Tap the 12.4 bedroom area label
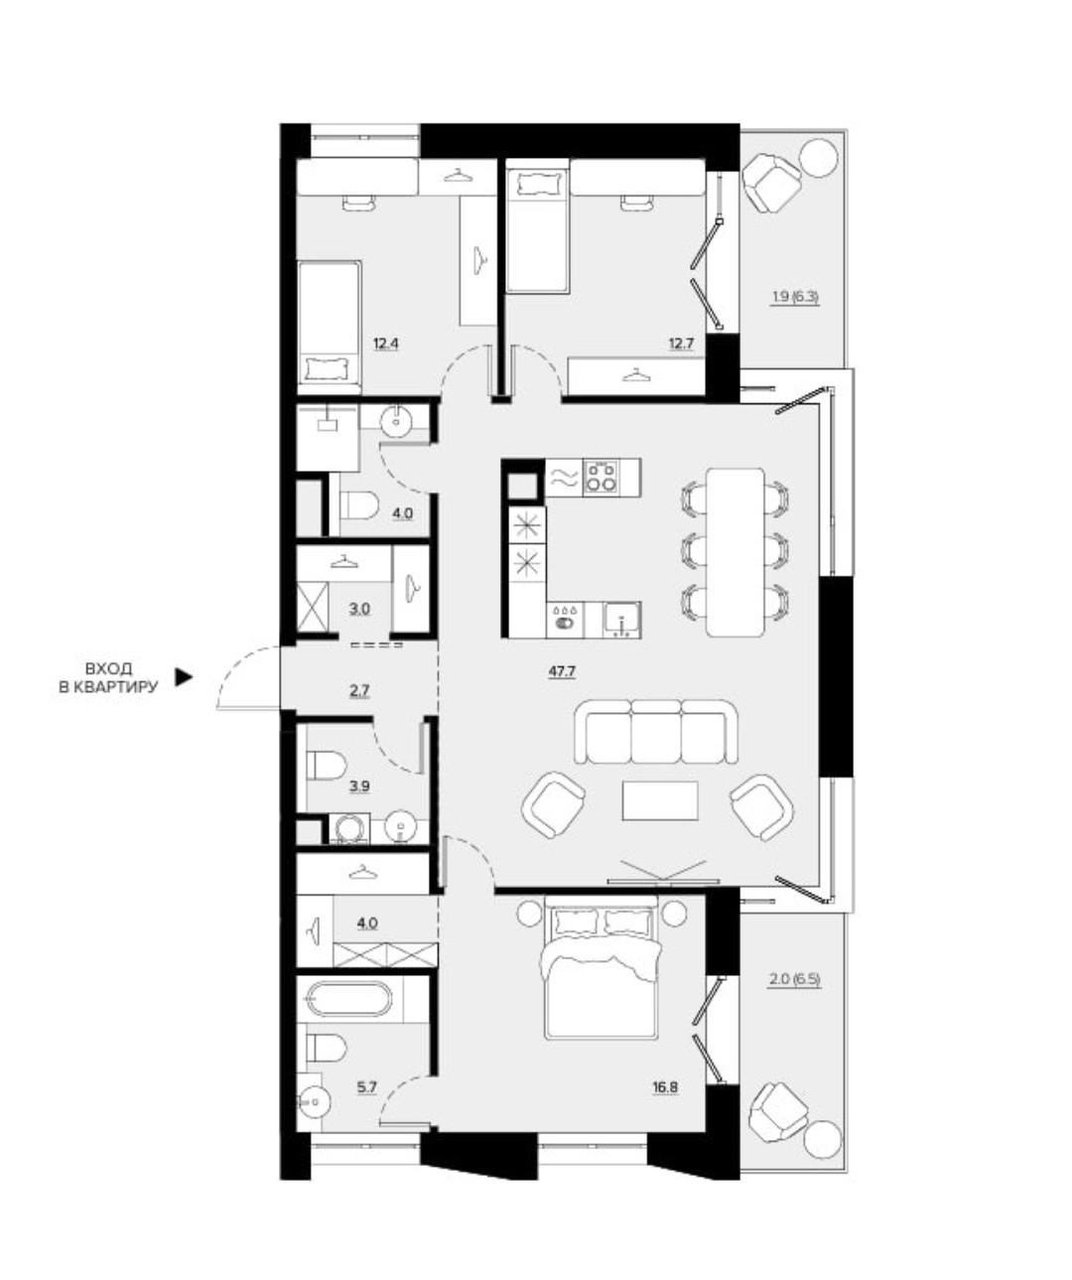pyautogui.click(x=386, y=344)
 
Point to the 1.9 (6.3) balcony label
pyautogui.click(x=796, y=299)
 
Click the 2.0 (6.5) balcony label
pyautogui.click(x=795, y=980)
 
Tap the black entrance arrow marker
pyautogui.click(x=184, y=677)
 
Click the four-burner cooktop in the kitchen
pyautogui.click(x=602, y=477)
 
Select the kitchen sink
pyautogui.click(x=621, y=620)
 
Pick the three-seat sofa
pyautogui.click(x=656, y=731)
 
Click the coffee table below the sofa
pyautogui.click(x=660, y=800)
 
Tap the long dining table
pyautogui.click(x=736, y=552)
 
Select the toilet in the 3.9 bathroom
pyautogui.click(x=326, y=766)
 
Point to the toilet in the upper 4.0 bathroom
pyautogui.click(x=361, y=506)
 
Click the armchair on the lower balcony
pyautogui.click(x=777, y=1111)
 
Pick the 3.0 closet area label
pyautogui.click(x=359, y=609)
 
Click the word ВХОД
pyautogui.click(x=108, y=668)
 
